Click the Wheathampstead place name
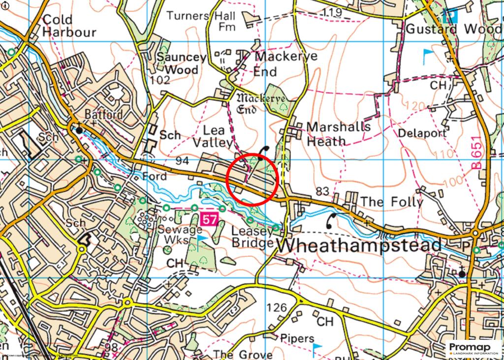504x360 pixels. click(x=355, y=245)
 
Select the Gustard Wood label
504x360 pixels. click(x=453, y=29)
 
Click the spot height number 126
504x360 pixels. click(x=276, y=308)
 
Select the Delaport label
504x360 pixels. click(x=422, y=133)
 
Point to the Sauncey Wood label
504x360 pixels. click(x=181, y=63)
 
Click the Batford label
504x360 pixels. click(x=104, y=115)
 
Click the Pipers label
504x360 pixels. click(x=297, y=338)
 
